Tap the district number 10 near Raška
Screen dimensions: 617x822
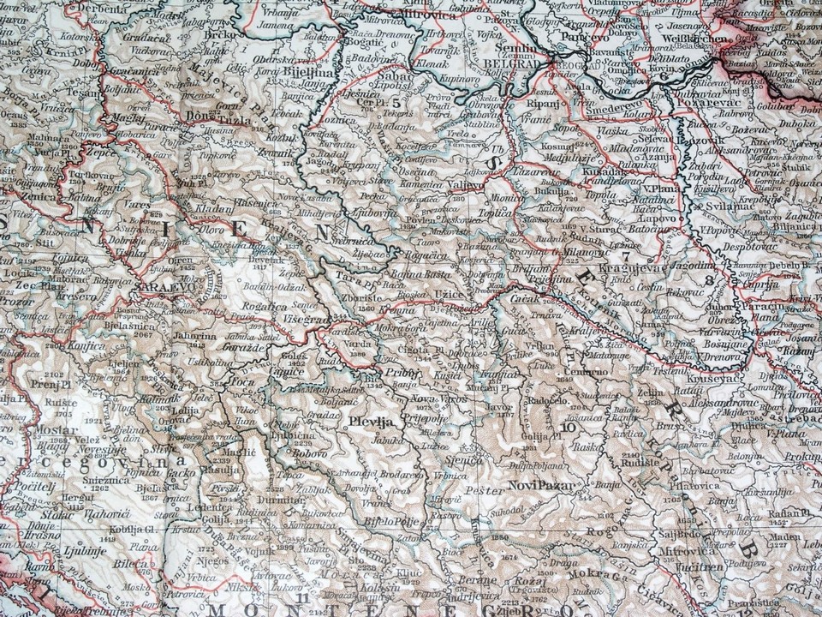click(569, 427)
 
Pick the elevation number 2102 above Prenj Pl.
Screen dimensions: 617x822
click(55, 375)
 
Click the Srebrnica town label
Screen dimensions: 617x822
click(350, 241)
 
